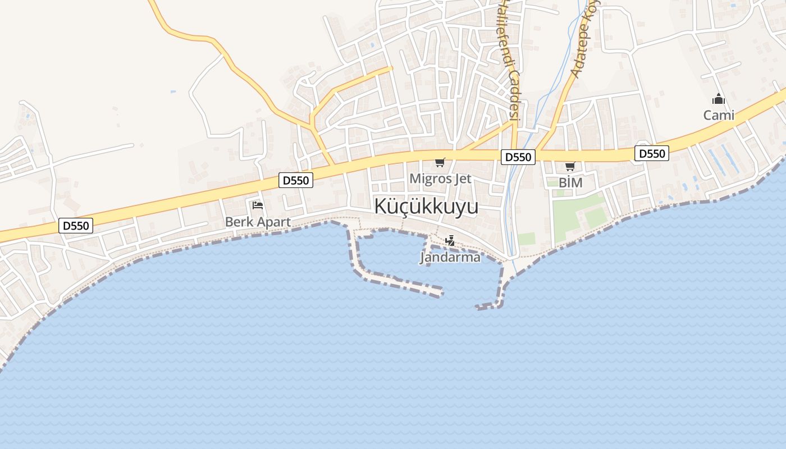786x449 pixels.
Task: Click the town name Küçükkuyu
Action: click(426, 207)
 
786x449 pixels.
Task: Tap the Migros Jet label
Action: click(440, 178)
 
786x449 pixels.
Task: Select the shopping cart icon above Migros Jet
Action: click(440, 163)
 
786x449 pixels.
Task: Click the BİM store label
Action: click(570, 182)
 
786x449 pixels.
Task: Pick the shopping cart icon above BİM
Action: click(570, 166)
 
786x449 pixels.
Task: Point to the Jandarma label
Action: click(450, 258)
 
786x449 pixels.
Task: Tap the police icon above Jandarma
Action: click(450, 241)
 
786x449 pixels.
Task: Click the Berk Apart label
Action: click(258, 222)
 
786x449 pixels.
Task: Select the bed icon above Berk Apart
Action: click(258, 205)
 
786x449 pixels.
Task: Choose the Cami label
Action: click(719, 115)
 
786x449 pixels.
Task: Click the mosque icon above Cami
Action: click(718, 100)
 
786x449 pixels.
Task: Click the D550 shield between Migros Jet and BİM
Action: click(518, 157)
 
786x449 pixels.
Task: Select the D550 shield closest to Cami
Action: click(652, 153)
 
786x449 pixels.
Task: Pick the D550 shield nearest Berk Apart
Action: click(296, 180)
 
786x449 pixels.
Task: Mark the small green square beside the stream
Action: click(527, 239)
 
